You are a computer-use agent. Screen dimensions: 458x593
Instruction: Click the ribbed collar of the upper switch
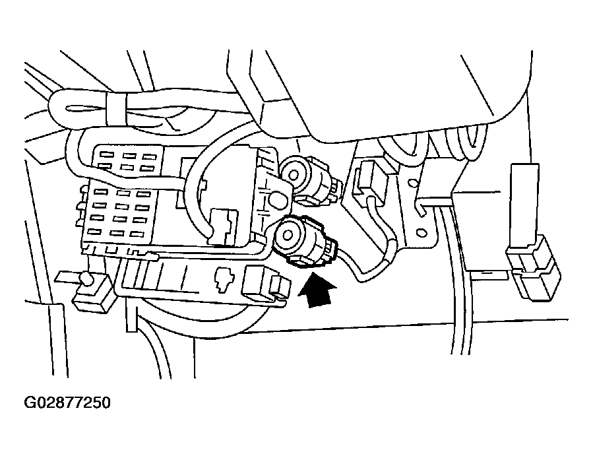coord(323,185)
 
